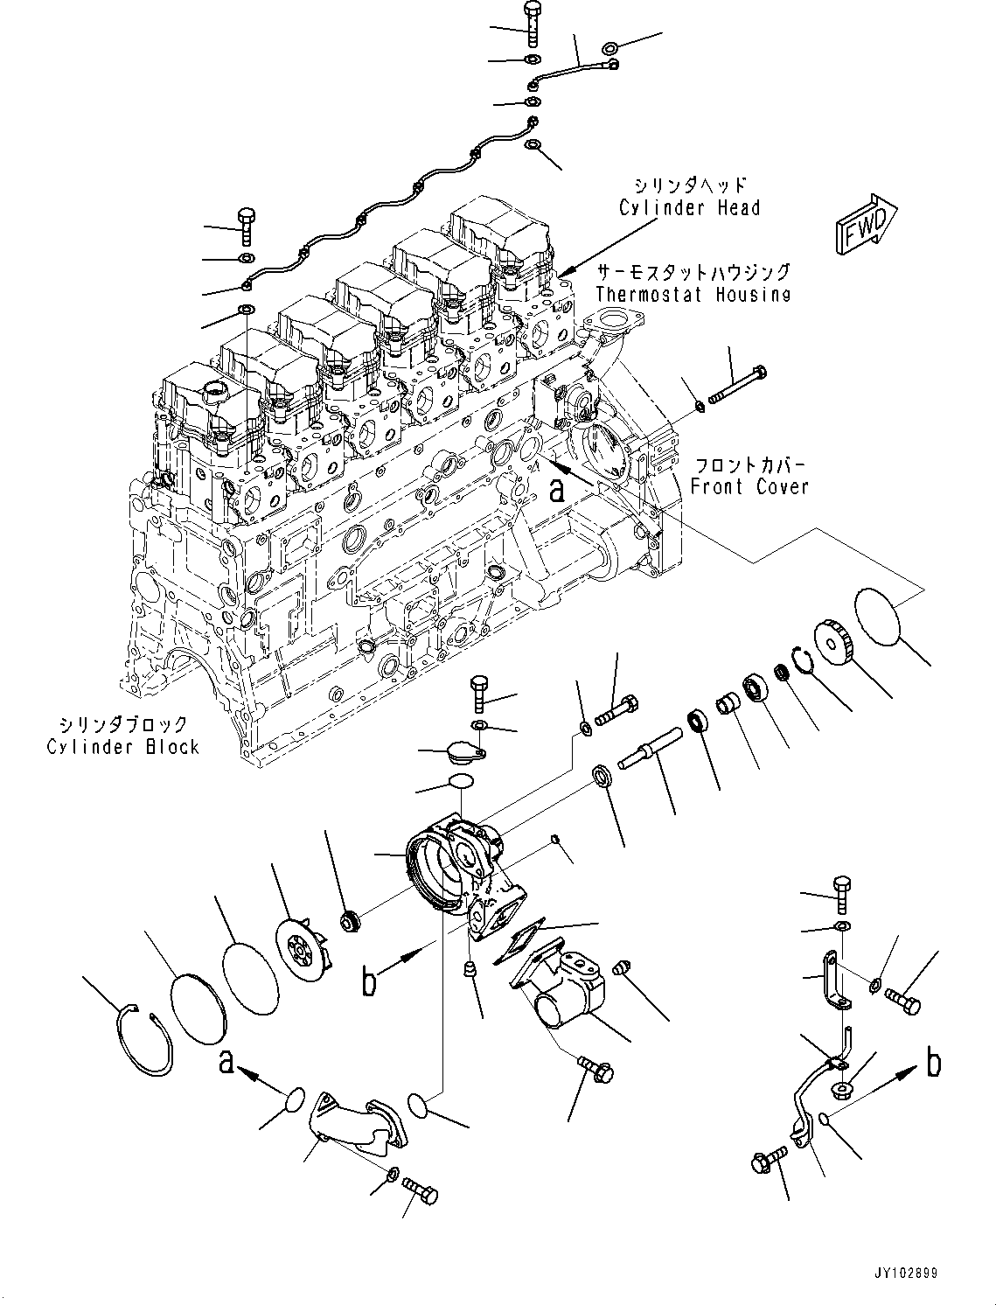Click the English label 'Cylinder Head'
click(689, 208)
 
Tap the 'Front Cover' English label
click(749, 487)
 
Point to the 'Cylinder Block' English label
click(123, 747)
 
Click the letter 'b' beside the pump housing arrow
click(369, 981)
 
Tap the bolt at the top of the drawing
click(533, 24)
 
